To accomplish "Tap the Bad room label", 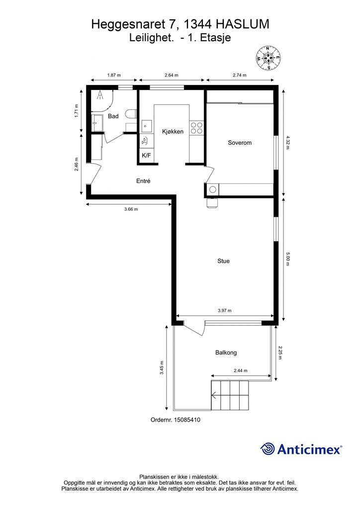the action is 113,116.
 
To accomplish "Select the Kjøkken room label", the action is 173,131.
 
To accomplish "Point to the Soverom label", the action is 240,143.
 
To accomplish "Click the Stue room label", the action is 223,261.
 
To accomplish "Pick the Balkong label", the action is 226,352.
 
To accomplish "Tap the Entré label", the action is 143,181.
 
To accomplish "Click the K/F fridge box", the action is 146,156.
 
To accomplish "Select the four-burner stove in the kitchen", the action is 196,128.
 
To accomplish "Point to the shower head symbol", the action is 100,95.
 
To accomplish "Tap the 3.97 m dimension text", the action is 225,311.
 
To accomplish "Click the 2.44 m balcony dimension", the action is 241,370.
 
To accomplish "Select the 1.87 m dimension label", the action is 114,76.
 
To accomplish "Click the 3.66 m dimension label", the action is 131,209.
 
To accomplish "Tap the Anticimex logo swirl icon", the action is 268,449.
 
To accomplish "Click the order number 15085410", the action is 187,420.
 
